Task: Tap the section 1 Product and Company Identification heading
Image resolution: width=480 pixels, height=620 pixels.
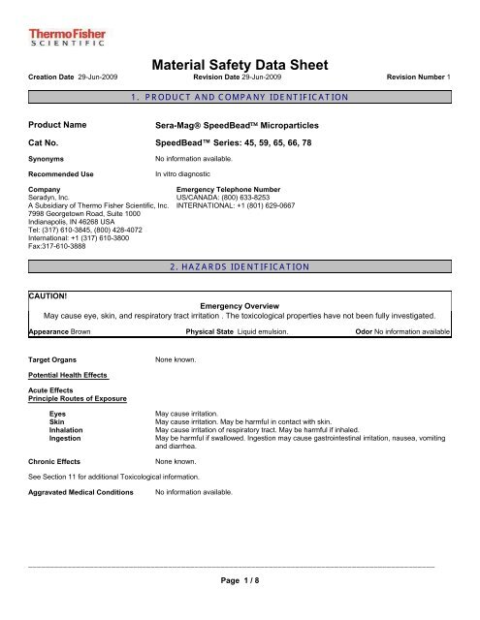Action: point(240,99)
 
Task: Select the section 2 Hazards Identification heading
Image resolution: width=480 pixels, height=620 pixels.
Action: point(239,265)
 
